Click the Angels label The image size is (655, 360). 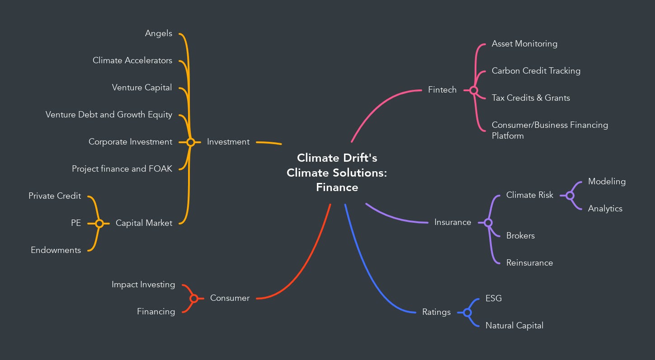click(158, 33)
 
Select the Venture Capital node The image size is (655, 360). click(142, 88)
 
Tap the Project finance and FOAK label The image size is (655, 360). click(122, 169)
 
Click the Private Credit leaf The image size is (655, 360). click(55, 196)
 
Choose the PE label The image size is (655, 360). click(75, 223)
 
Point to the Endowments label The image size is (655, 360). click(56, 250)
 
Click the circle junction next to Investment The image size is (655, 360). click(191, 142)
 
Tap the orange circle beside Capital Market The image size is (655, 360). click(99, 223)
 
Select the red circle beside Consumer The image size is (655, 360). click(194, 299)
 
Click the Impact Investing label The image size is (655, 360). click(143, 285)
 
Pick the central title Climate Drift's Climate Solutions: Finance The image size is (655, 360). click(337, 173)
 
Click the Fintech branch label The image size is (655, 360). click(442, 90)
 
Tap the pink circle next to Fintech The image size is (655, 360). click(473, 90)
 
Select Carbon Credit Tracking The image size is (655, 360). click(536, 71)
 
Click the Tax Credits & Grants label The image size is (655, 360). click(531, 98)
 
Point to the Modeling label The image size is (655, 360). click(607, 182)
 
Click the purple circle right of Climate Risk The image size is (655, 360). click(570, 196)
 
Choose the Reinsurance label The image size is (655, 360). click(529, 263)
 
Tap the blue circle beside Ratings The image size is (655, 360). click(467, 313)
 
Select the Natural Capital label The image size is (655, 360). click(514, 326)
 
